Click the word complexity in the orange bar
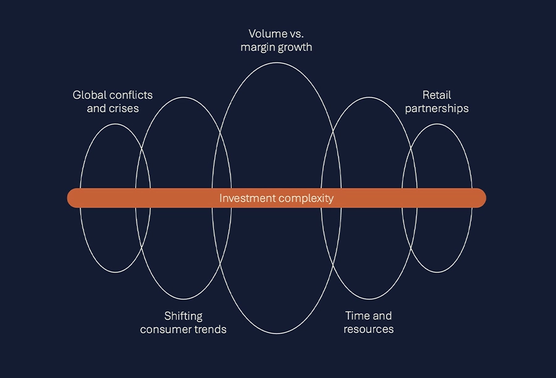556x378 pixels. (x=303, y=198)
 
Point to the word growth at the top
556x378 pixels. (x=294, y=47)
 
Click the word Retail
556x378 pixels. (x=437, y=95)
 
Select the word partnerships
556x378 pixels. (x=437, y=109)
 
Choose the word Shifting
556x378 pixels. (x=183, y=316)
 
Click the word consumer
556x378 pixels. (x=163, y=330)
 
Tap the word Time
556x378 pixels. (x=357, y=316)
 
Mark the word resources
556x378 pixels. (x=369, y=330)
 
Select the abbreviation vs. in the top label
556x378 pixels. (x=295, y=33)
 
